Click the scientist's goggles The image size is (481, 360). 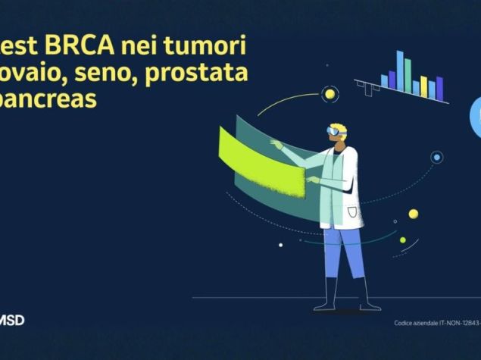pos(335,131)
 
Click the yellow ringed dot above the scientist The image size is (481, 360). pos(329,95)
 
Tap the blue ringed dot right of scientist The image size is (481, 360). pos(436,158)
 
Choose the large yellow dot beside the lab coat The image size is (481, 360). pos(413,214)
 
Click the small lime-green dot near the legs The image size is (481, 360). pos(403,240)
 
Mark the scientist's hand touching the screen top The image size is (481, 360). pos(276,145)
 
